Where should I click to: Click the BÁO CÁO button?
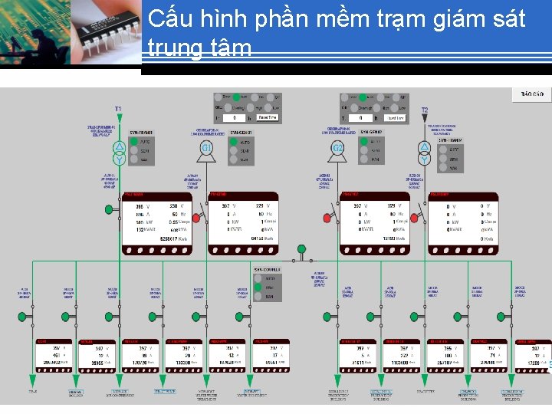[531, 94]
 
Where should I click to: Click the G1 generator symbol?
[206, 147]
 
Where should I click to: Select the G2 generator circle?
[337, 147]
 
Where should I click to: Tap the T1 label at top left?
[118, 110]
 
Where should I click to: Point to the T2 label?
[424, 110]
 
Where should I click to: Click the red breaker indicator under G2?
[327, 219]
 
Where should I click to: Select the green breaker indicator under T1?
[109, 209]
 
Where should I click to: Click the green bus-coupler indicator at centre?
[301, 249]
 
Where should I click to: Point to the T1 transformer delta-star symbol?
[119, 153]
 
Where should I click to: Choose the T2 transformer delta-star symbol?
[425, 153]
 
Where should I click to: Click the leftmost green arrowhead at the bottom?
[32, 378]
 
